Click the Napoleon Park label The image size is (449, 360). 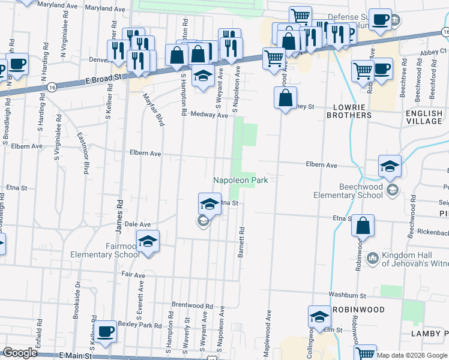[240, 180]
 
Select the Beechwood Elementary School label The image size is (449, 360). [352, 191]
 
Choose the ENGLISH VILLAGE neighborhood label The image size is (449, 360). [424, 117]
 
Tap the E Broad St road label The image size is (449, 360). [103, 78]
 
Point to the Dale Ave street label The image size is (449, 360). [137, 224]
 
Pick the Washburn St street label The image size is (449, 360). [347, 296]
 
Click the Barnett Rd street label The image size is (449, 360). [241, 242]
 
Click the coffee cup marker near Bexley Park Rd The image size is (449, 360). [106, 332]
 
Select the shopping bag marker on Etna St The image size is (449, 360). [363, 227]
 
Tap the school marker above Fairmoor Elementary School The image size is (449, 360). [148, 242]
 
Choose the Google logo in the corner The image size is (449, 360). [20, 353]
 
